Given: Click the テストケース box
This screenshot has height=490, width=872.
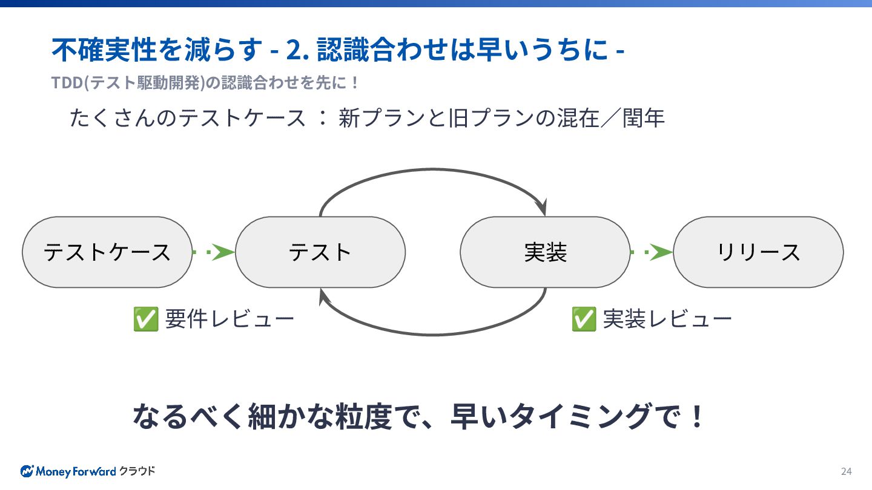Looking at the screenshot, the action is tap(107, 252).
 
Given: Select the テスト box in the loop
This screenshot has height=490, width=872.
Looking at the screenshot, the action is tap(320, 252).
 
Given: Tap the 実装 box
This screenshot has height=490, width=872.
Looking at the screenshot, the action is tap(545, 252).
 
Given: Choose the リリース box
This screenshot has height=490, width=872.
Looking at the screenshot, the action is tap(758, 252).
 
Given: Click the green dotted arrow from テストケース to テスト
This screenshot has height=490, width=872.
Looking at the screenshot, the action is tap(214, 252).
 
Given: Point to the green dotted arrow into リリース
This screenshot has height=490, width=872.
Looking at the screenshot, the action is tap(652, 252).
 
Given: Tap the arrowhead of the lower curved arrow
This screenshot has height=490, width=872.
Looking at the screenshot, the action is tap(323, 296).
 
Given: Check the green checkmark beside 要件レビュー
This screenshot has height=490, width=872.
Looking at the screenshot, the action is tap(146, 319).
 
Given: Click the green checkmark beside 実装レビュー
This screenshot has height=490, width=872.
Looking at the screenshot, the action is tap(584, 319).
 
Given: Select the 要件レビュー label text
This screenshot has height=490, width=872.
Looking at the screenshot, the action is tap(230, 319).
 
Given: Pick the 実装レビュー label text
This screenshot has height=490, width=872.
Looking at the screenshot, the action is tap(667, 319).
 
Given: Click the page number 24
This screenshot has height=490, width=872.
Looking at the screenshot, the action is tap(846, 471).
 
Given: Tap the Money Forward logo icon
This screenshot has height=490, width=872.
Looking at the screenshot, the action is tap(27, 471).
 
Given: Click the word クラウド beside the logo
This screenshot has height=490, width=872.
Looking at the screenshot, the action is tap(137, 471).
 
